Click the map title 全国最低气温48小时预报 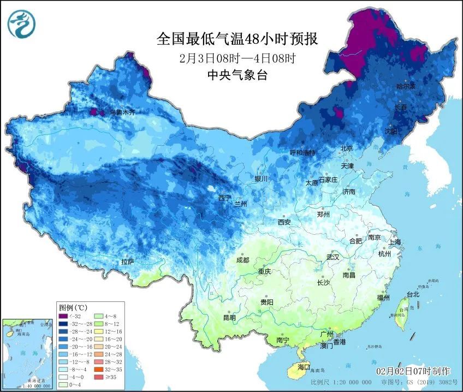coord(237,39)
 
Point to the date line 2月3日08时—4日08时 coord(237,58)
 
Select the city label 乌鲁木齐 coord(122,112)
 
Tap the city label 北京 coord(347,148)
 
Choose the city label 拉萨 coord(127,262)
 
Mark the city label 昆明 coord(229,317)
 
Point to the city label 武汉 coord(333,257)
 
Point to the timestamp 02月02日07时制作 coord(413,371)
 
